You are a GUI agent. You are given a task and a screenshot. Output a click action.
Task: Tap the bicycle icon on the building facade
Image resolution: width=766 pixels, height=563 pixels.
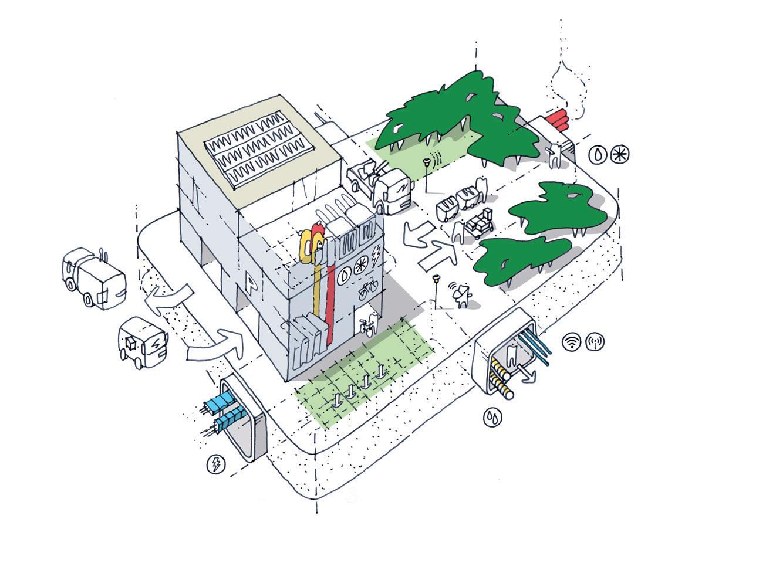pyautogui.click(x=368, y=290)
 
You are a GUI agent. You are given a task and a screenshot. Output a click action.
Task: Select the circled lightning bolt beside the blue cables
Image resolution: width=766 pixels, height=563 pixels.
pyautogui.click(x=216, y=464)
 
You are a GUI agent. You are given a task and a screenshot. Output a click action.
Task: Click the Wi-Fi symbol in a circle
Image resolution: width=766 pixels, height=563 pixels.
pyautogui.click(x=572, y=341)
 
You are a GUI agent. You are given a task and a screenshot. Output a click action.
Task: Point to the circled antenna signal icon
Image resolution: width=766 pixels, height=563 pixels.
pyautogui.click(x=595, y=341)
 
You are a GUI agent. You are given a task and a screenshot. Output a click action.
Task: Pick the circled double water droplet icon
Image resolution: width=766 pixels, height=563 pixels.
pyautogui.click(x=493, y=417)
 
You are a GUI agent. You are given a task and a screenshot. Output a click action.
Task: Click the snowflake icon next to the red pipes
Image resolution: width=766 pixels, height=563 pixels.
pyautogui.click(x=620, y=155)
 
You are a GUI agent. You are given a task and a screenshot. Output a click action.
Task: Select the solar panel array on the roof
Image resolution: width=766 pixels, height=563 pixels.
pyautogui.click(x=259, y=150)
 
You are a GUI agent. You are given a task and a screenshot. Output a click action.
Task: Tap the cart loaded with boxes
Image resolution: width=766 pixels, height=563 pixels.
pyautogui.click(x=480, y=223)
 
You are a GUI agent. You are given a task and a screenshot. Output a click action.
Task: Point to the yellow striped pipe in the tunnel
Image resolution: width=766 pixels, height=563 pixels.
pyautogui.click(x=501, y=382)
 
